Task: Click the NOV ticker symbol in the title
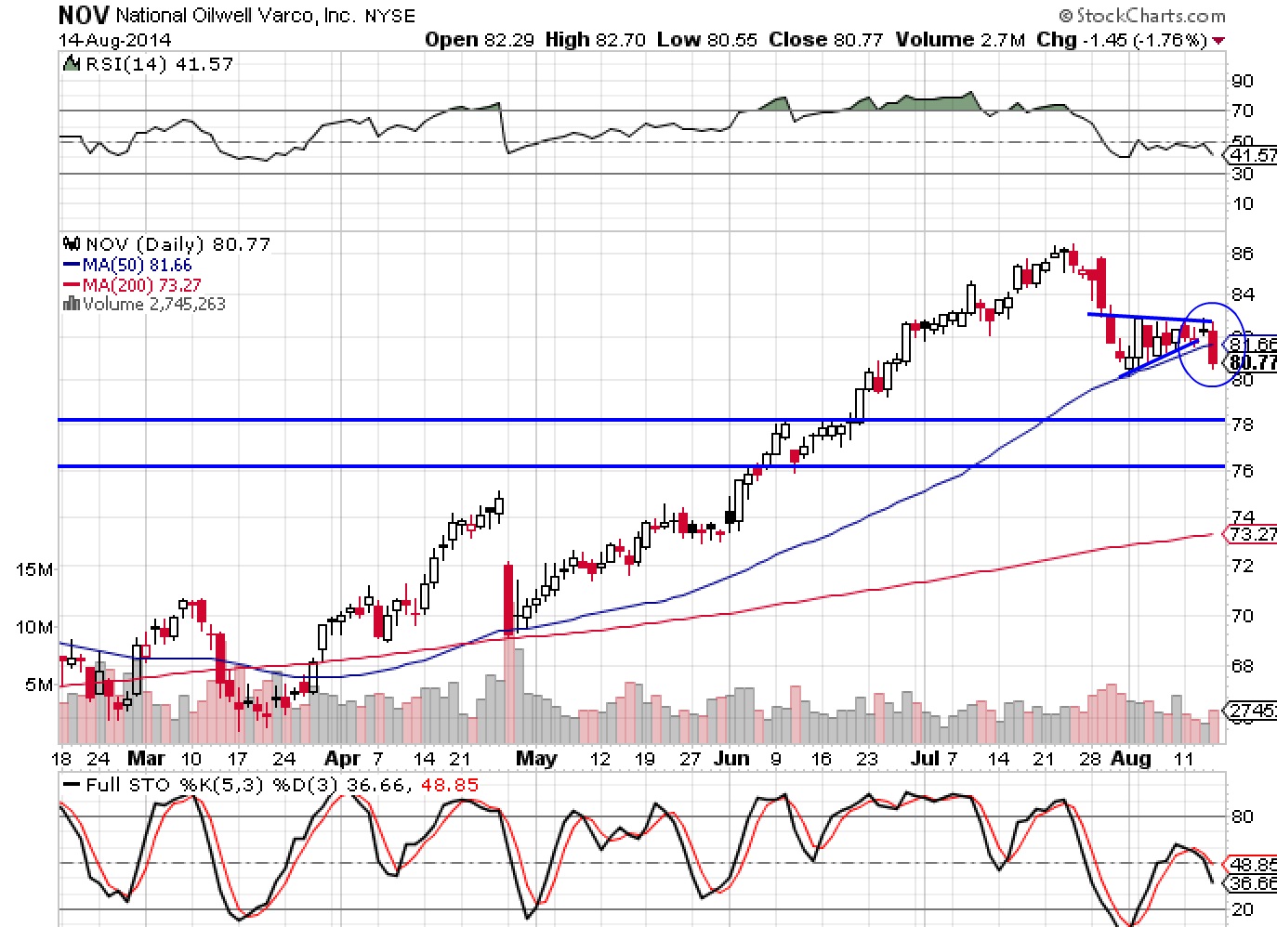click(x=84, y=15)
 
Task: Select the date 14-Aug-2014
click(x=114, y=40)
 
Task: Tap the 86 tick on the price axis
click(x=1243, y=254)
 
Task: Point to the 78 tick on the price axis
click(x=1243, y=424)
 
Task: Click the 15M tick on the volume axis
click(x=34, y=569)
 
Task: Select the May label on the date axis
click(x=536, y=759)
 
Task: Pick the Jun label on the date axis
click(x=731, y=759)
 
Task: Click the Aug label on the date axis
click(x=1131, y=759)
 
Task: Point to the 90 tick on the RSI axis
click(x=1243, y=81)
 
